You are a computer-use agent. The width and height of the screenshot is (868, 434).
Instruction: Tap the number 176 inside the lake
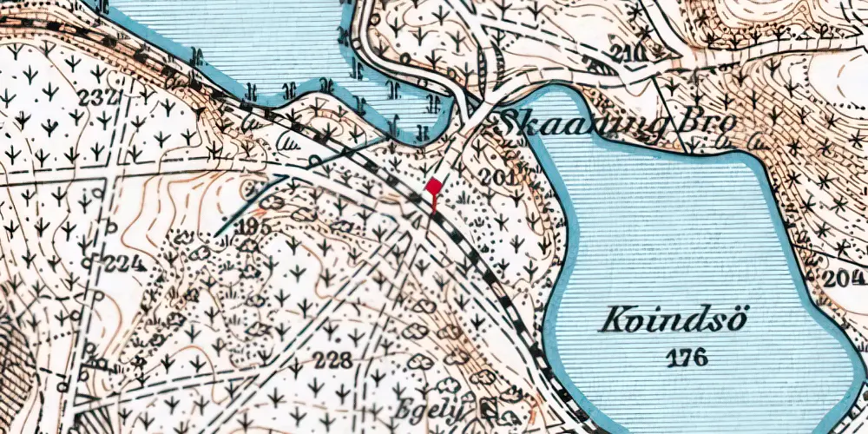pos(688,356)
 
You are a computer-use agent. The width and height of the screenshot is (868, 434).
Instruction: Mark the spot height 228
pos(333,361)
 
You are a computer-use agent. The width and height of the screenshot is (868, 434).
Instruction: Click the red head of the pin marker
pos(433,186)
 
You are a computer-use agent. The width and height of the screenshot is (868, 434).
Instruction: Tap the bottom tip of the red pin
pos(433,212)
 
